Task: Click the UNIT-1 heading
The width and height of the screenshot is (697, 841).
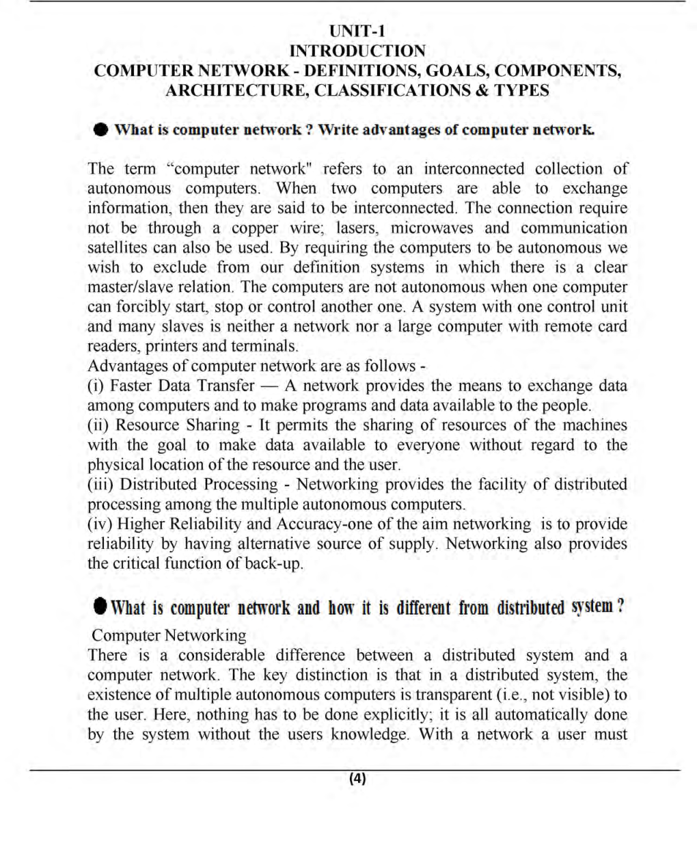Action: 357,31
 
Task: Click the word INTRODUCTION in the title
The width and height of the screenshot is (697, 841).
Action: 357,51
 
